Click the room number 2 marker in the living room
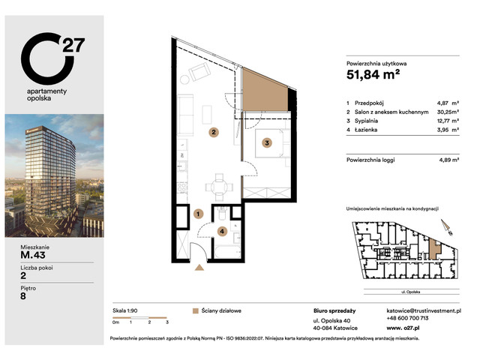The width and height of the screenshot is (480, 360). click(214, 133)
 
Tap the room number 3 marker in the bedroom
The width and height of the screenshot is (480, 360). click(266, 142)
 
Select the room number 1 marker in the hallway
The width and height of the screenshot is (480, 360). click(198, 214)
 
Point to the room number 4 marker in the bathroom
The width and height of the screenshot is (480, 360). click(221, 231)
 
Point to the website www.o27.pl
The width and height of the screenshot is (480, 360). click(403, 327)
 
